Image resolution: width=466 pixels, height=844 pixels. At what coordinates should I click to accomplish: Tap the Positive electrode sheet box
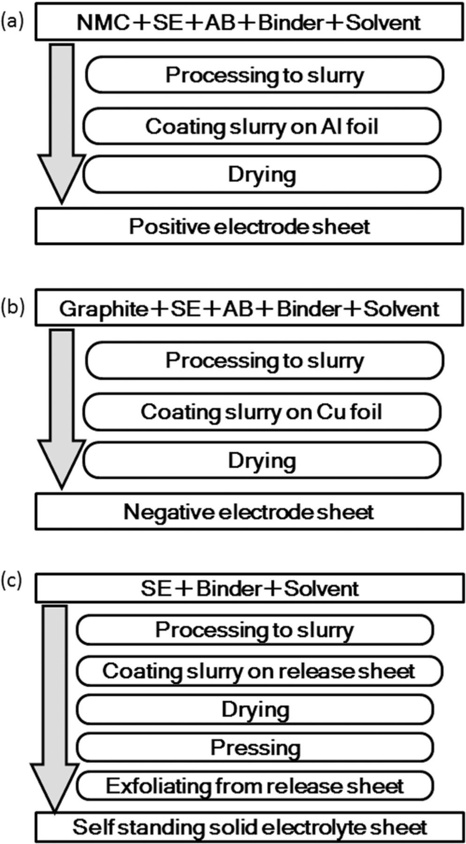point(249,226)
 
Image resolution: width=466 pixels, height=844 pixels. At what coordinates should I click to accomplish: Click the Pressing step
point(255,747)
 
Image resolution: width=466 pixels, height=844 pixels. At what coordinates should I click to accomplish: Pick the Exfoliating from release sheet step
point(255,786)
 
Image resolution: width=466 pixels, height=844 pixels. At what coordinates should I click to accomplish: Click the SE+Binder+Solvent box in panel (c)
point(249,588)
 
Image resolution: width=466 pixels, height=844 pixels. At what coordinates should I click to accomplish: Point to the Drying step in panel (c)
point(255,709)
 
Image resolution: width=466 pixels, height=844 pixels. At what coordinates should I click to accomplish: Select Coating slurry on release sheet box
point(258,671)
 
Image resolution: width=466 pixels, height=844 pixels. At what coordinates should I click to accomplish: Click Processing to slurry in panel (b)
point(264,361)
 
